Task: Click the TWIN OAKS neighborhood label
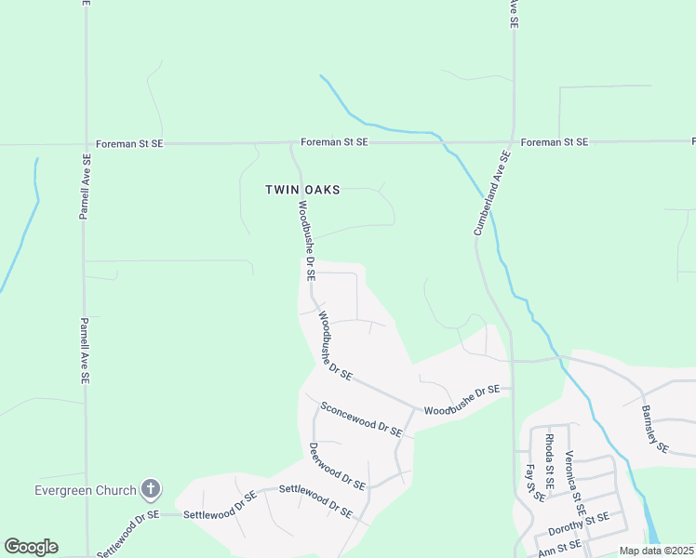(x=302, y=190)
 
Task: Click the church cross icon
(x=151, y=489)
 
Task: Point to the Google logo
(x=31, y=547)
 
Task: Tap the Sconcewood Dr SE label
(x=360, y=419)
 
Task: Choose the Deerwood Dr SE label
(x=337, y=466)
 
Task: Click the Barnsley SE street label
(x=655, y=430)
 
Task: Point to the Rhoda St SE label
(x=549, y=461)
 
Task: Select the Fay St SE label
(x=534, y=484)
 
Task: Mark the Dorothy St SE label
(x=578, y=524)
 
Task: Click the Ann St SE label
(x=559, y=547)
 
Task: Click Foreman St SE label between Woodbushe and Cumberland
(x=334, y=142)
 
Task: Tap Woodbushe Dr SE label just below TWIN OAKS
(x=307, y=240)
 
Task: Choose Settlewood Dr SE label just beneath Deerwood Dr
(x=315, y=499)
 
